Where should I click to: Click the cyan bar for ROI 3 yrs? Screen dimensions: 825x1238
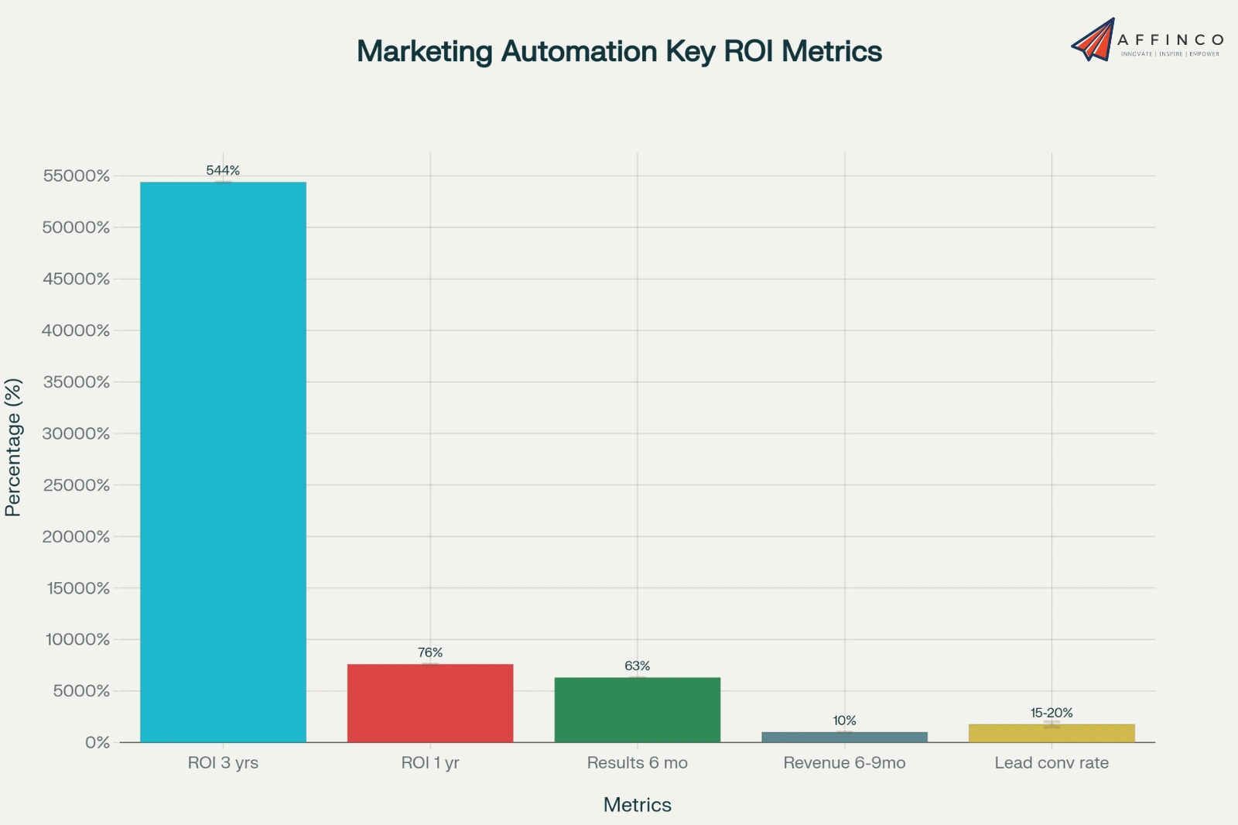click(223, 462)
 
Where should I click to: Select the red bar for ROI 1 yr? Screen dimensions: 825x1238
click(430, 703)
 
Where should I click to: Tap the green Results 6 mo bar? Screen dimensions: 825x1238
click(638, 710)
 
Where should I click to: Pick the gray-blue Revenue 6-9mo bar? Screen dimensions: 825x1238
click(844, 737)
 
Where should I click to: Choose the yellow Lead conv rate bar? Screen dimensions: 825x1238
click(1052, 733)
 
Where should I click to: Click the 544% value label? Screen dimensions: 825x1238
click(223, 170)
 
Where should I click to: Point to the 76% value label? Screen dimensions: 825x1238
click(430, 652)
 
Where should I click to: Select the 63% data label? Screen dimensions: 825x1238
click(638, 666)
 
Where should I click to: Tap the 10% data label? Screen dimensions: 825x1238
click(844, 721)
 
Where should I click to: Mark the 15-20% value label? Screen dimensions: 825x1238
click(1052, 713)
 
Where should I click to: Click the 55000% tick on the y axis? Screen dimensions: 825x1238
click(77, 176)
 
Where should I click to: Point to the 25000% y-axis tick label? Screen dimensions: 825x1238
click(77, 485)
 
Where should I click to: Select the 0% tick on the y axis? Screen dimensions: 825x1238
click(97, 742)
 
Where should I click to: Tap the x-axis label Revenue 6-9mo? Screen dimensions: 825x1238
click(844, 762)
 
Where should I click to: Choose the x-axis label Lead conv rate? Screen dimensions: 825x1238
click(1052, 762)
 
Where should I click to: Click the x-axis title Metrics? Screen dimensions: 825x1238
click(638, 805)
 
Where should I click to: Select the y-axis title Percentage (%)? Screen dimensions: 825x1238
click(13, 447)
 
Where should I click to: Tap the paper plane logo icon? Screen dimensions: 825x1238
click(1093, 39)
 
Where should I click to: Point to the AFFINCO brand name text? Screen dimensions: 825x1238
click(1171, 39)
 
